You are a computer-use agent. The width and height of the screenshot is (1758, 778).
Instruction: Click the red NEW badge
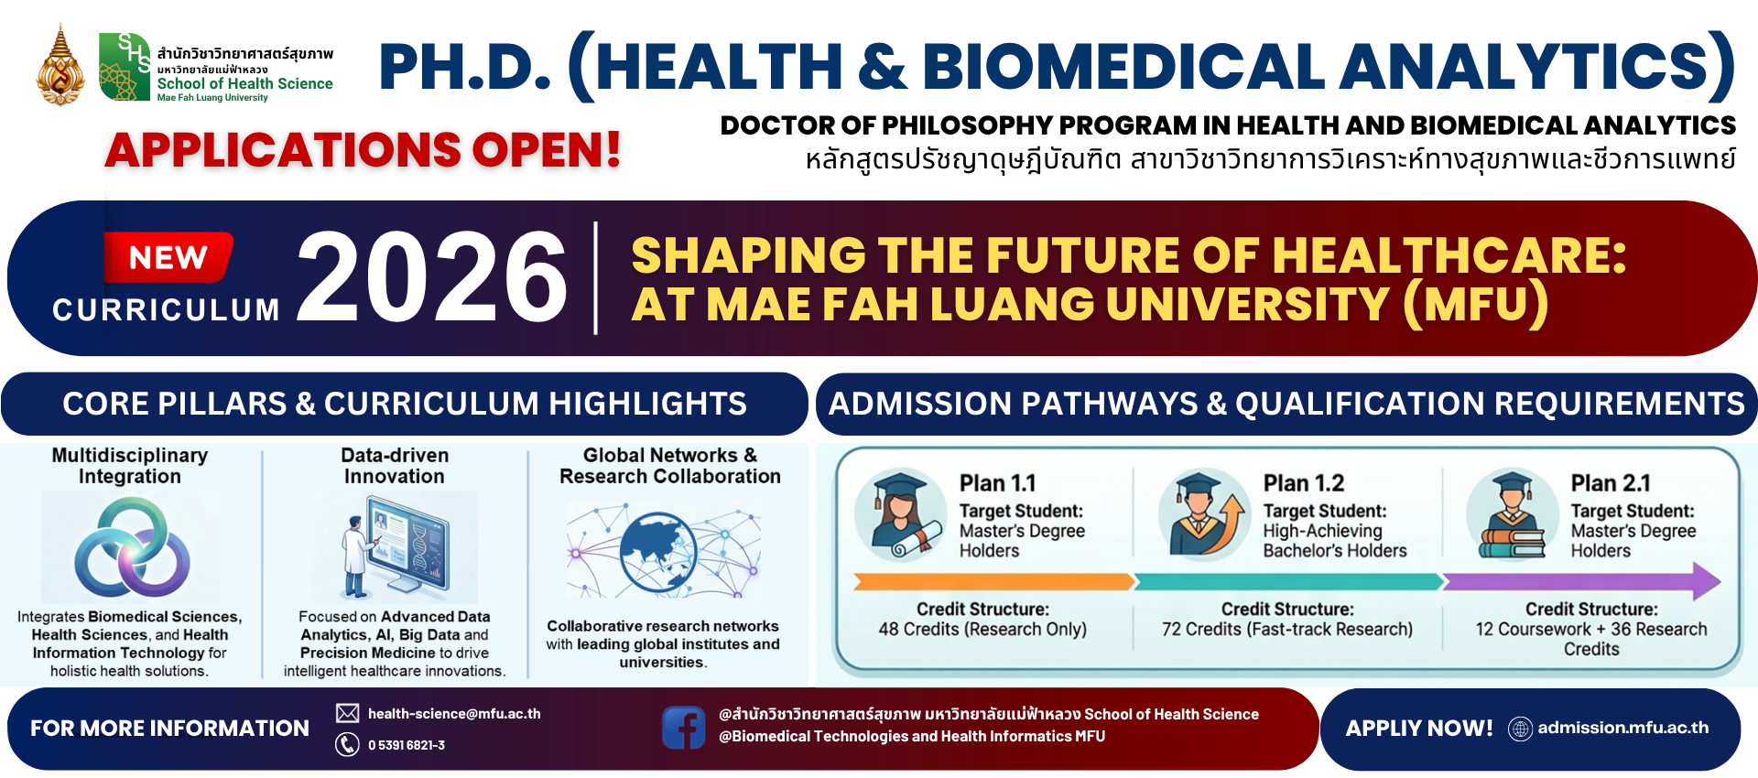(168, 257)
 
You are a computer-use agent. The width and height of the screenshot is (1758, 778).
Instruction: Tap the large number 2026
(431, 276)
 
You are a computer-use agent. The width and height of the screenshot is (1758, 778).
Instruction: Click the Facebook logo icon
(683, 728)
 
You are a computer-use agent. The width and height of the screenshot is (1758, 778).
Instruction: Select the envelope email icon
(347, 713)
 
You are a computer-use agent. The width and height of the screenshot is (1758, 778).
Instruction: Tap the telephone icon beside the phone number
(347, 744)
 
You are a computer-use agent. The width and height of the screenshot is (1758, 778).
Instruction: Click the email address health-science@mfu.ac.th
(454, 713)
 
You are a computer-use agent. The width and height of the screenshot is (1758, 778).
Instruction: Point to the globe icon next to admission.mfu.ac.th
(1520, 729)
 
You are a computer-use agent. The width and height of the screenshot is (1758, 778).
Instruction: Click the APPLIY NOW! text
(1418, 729)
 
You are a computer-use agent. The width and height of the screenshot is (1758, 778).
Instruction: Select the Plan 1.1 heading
(997, 483)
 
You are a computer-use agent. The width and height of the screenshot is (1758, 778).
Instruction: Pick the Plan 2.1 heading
(1611, 483)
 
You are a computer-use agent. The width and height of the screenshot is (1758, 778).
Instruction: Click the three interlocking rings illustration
(131, 547)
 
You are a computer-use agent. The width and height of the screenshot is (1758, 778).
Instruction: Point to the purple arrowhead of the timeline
(1706, 581)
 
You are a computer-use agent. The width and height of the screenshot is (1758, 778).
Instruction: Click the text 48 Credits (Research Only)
(982, 630)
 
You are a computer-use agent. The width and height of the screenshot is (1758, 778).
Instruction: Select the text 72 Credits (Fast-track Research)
(1286, 630)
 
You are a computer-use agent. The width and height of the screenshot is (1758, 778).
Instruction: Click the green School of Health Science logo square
(125, 67)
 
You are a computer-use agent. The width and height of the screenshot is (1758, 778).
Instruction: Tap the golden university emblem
(60, 66)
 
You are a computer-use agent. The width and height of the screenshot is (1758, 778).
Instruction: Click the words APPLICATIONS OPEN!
(364, 150)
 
